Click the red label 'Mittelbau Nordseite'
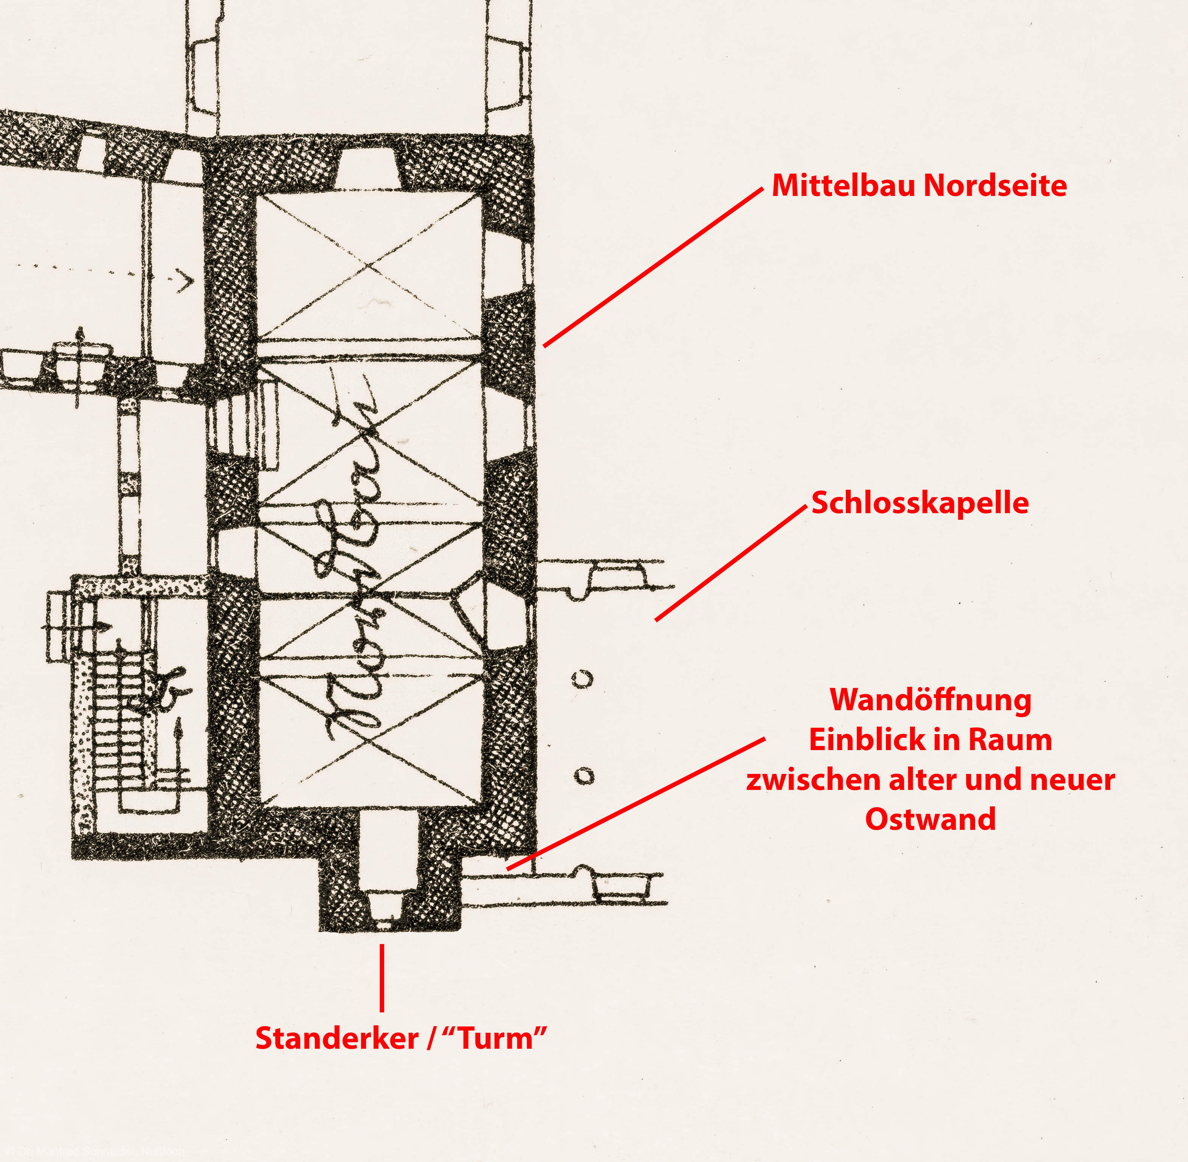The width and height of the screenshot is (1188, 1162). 919,185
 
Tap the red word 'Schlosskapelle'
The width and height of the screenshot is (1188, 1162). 920,503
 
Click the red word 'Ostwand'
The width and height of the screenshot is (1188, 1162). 930,819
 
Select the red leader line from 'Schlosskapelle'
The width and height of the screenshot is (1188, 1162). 730,563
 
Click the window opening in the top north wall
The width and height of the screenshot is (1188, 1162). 368,168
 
